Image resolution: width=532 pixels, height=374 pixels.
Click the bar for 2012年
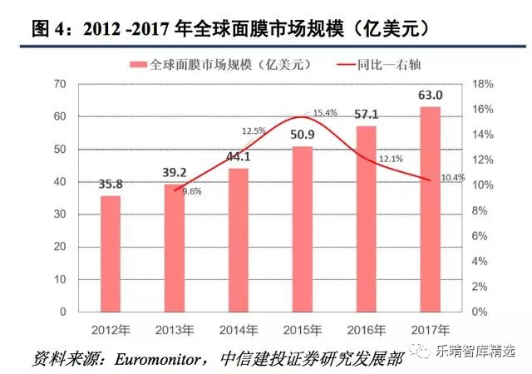pos(111,253)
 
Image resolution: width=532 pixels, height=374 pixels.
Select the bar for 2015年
pos(303,229)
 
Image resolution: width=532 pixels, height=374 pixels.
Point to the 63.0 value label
pos(431,95)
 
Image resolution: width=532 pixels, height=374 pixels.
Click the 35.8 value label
pos(111,183)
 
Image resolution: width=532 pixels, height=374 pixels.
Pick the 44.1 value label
pos(239,155)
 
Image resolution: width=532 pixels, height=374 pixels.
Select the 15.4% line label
pos(325,113)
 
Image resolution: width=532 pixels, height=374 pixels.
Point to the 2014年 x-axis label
pos(239,328)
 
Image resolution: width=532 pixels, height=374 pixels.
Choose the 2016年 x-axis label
pos(367,328)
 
